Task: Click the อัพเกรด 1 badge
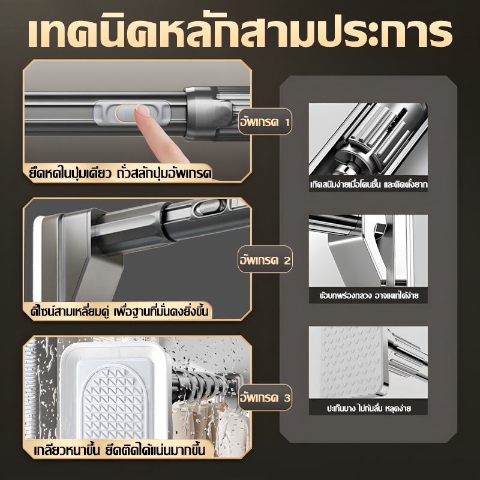pyautogui.click(x=265, y=122)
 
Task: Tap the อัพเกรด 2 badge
pyautogui.click(x=265, y=260)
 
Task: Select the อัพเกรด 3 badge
pyautogui.click(x=265, y=397)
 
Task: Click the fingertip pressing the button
pyautogui.click(x=142, y=111)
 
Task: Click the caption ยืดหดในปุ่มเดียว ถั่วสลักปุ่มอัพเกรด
pyautogui.click(x=121, y=173)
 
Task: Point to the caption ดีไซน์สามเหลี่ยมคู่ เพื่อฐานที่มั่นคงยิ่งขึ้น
pyautogui.click(x=119, y=311)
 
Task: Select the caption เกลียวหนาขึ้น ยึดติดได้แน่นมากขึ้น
pyautogui.click(x=119, y=450)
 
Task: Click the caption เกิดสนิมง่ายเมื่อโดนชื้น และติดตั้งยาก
pyautogui.click(x=368, y=185)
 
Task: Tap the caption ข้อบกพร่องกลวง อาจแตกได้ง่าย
pyautogui.click(x=368, y=296)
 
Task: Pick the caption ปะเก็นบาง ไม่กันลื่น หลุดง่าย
pyautogui.click(x=368, y=408)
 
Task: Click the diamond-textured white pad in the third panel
pyautogui.click(x=114, y=401)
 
